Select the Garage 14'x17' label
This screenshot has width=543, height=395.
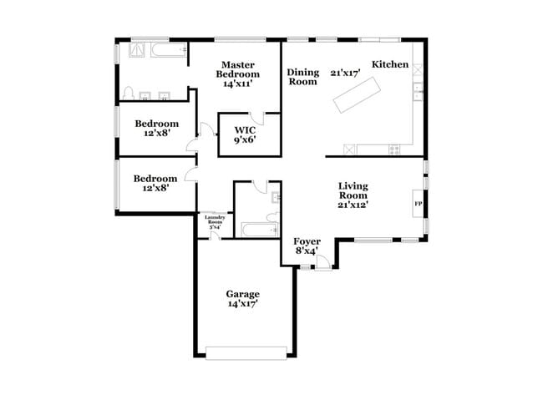pyautogui.click(x=242, y=299)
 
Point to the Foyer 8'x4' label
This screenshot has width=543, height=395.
pyautogui.click(x=307, y=246)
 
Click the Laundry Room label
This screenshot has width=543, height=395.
pyautogui.click(x=215, y=223)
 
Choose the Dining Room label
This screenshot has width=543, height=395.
pyautogui.click(x=302, y=78)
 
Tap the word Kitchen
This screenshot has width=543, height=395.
pyautogui.click(x=389, y=65)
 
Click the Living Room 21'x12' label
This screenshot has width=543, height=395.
pyautogui.click(x=353, y=194)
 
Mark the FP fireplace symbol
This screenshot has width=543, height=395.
pyautogui.click(x=418, y=203)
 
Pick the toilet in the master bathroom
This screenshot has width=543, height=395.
pyautogui.click(x=129, y=93)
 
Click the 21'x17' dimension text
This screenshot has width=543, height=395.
pyautogui.click(x=343, y=73)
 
